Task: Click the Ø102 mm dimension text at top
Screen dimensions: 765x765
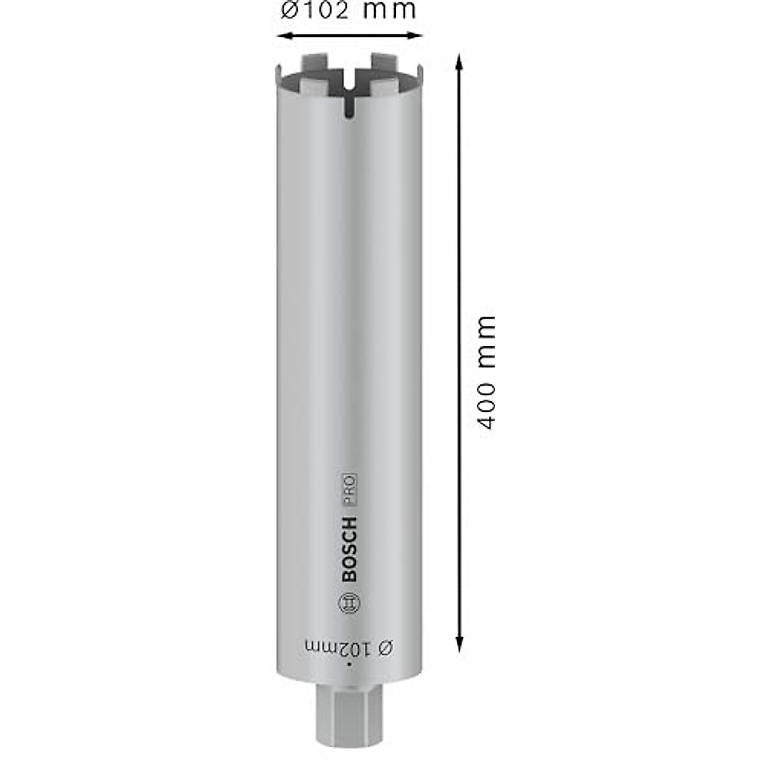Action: (348, 10)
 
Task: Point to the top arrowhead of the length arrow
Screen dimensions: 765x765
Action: (458, 61)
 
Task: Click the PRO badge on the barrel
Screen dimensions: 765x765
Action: (350, 491)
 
